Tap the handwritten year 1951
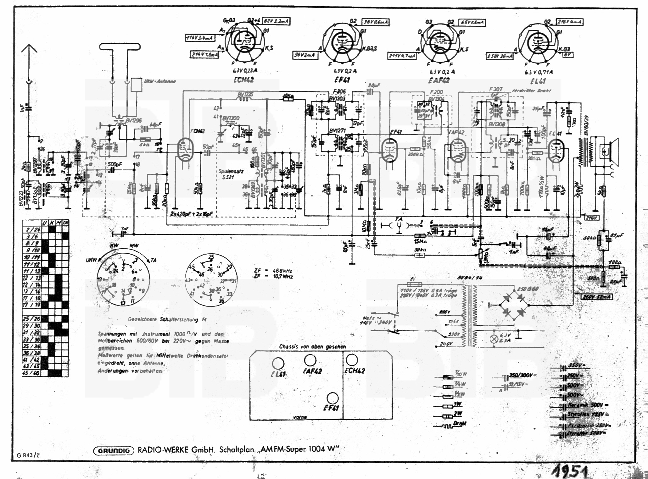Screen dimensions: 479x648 point(569,472)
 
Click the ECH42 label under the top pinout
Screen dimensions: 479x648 point(244,80)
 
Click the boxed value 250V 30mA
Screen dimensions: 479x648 point(500,56)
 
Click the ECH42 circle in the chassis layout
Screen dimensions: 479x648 point(351,360)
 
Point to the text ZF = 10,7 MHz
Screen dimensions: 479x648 point(273,277)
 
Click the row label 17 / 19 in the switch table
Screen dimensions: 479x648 point(32,305)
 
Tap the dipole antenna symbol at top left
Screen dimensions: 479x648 point(120,47)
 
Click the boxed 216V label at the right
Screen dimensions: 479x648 point(591,218)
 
